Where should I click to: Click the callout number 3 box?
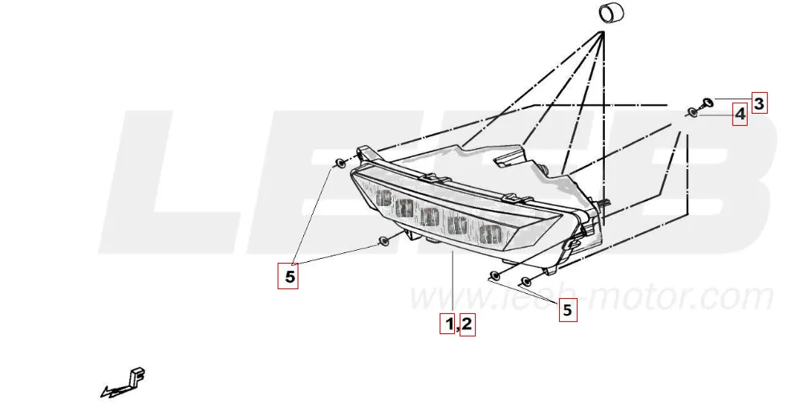click(759, 103)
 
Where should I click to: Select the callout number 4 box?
click(740, 115)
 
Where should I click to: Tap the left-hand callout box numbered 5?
click(288, 277)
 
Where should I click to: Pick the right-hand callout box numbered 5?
click(568, 310)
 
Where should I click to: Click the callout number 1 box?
click(448, 324)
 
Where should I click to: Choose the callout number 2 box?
click(467, 324)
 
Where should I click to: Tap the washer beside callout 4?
click(692, 113)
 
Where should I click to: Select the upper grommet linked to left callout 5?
click(341, 164)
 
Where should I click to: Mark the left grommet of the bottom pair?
click(495, 276)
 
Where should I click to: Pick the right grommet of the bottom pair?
click(526, 280)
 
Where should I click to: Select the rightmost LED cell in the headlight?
click(489, 235)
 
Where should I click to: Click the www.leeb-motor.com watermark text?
click(590, 297)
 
